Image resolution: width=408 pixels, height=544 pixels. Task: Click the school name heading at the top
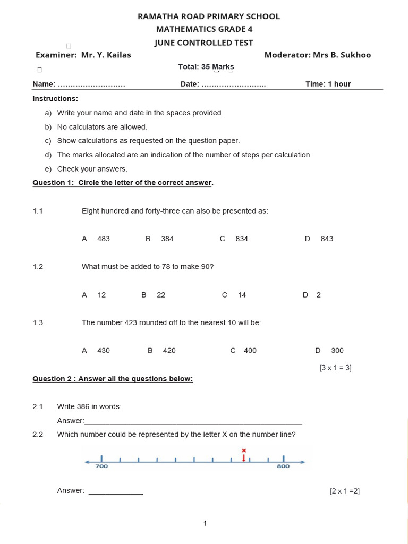coord(208,16)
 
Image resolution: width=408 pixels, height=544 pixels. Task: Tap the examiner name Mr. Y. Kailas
coord(106,55)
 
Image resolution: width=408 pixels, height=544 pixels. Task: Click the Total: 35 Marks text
coord(206,67)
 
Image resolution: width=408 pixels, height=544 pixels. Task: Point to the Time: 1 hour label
coord(328,84)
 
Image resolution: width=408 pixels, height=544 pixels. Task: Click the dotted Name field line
coord(91,84)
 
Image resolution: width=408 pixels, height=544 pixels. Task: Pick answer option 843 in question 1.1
coord(327,239)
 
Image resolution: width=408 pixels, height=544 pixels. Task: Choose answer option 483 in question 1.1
coord(104,239)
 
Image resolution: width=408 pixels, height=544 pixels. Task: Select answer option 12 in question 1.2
coord(101,295)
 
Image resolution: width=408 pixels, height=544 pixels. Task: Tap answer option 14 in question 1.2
coord(242,295)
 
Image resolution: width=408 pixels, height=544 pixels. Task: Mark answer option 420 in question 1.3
coord(169,351)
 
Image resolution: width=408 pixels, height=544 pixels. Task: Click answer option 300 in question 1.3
coord(337,351)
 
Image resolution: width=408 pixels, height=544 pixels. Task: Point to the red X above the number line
coord(244,450)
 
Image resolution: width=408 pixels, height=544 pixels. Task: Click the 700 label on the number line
coord(101,466)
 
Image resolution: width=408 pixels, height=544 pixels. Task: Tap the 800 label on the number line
coord(283,466)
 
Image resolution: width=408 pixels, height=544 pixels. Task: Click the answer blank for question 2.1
coord(193,422)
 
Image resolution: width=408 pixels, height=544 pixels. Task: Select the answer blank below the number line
coord(116,492)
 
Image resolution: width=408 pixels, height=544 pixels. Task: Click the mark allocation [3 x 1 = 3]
coord(335,367)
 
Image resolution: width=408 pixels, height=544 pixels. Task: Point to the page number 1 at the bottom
coord(205,524)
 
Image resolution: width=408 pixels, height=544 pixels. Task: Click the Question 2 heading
coord(113,379)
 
